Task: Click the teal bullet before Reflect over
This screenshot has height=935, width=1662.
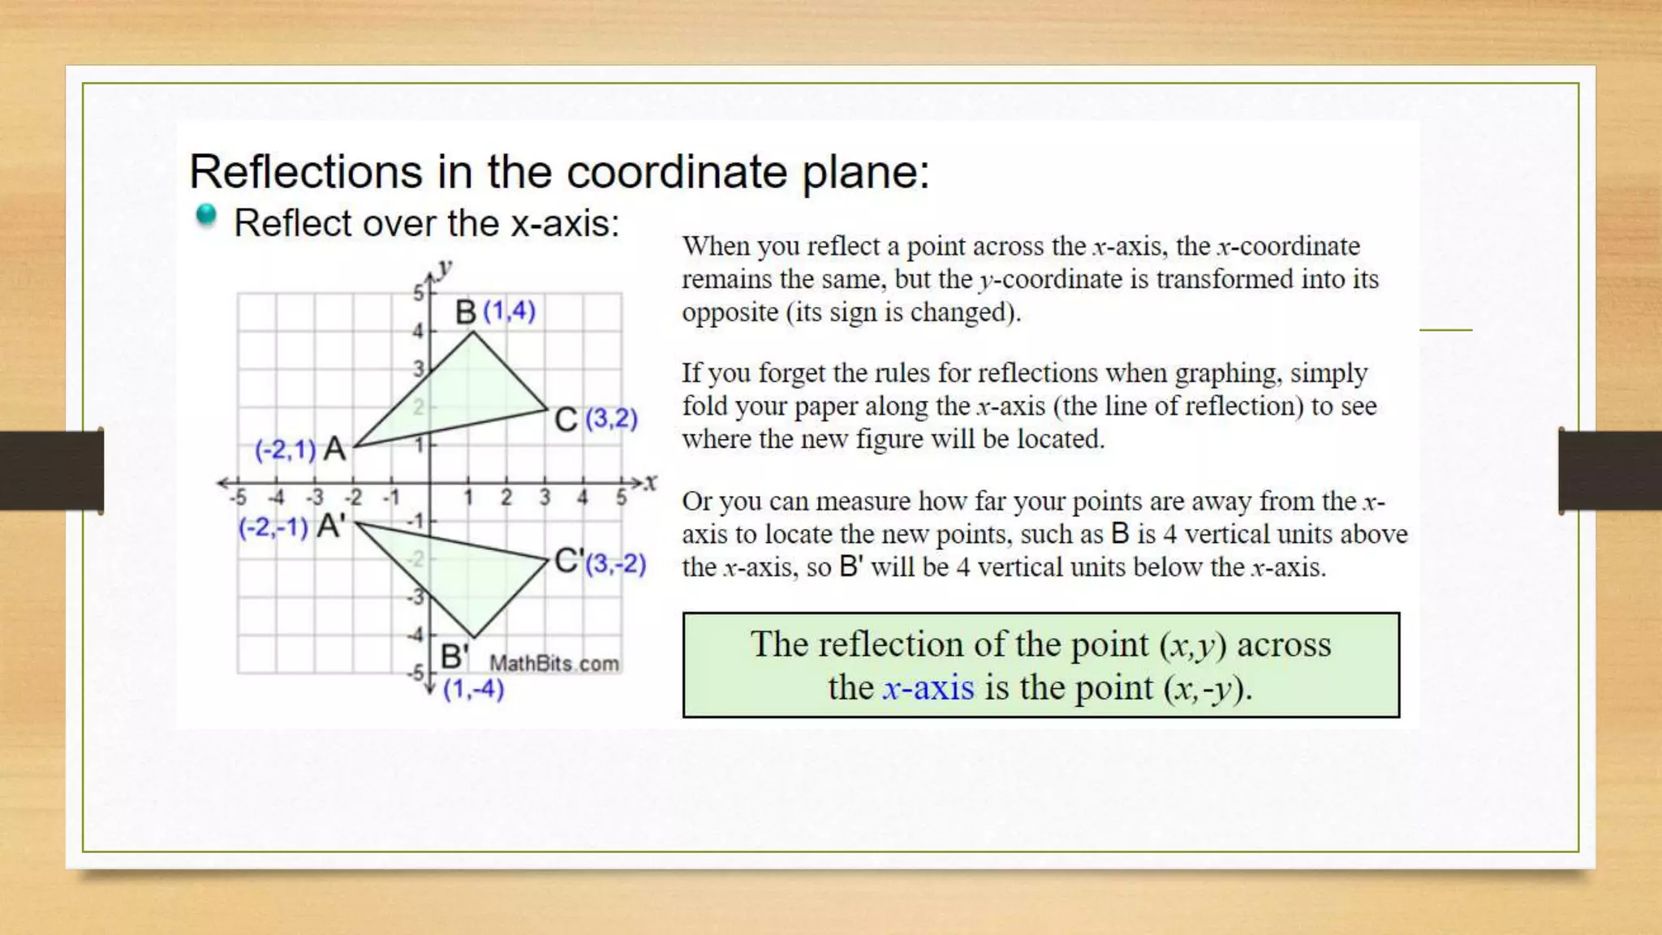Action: click(206, 215)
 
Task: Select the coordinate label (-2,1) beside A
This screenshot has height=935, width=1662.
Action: click(285, 450)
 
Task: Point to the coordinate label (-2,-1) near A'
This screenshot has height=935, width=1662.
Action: click(273, 528)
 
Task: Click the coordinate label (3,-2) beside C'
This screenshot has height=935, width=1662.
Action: click(616, 563)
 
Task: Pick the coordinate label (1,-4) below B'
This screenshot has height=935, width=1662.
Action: click(473, 689)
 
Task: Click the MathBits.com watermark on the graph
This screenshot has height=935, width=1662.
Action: click(553, 664)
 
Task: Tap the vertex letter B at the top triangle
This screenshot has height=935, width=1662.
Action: click(466, 312)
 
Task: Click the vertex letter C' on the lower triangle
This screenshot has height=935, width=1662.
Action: click(569, 561)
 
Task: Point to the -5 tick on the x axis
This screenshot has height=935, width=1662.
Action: click(238, 498)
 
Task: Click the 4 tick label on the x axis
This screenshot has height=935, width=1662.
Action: click(583, 498)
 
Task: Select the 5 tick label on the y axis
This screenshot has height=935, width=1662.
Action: click(418, 293)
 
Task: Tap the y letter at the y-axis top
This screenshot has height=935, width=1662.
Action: click(444, 267)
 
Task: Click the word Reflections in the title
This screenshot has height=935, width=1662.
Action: click(305, 172)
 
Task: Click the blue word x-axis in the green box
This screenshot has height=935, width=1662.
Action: click(928, 688)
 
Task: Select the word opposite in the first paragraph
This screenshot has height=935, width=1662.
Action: click(730, 312)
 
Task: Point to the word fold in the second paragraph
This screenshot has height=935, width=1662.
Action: click(699, 406)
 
